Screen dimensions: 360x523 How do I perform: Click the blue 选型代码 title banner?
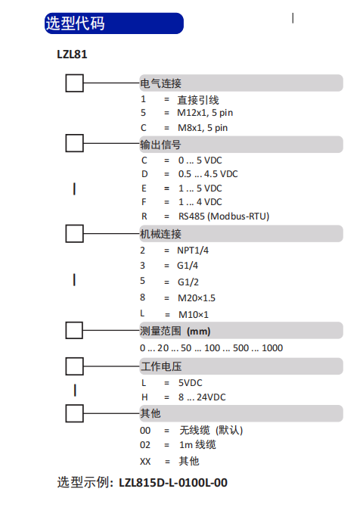(x=114, y=23)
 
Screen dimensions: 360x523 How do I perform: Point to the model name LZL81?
(x=72, y=54)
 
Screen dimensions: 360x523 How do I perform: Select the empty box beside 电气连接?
(x=74, y=83)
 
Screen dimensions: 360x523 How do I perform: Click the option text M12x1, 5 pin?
(x=205, y=113)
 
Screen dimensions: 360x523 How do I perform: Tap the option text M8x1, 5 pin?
(x=203, y=128)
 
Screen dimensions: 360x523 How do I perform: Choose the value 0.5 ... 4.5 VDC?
(x=208, y=174)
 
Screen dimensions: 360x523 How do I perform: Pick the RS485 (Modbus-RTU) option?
(x=224, y=216)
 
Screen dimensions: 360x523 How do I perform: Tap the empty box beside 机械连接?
(x=74, y=233)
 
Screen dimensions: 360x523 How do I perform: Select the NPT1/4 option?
(x=193, y=251)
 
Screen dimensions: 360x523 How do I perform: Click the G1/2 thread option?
(x=188, y=282)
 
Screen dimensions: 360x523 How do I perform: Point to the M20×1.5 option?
(x=197, y=298)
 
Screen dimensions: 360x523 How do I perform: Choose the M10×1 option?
(x=194, y=315)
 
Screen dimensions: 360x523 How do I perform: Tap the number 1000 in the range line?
(x=272, y=348)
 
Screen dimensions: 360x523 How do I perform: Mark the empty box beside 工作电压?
(x=74, y=366)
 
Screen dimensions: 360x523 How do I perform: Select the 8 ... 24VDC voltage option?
(x=202, y=397)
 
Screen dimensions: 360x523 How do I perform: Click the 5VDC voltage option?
(x=191, y=383)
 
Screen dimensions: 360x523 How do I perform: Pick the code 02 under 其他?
(x=145, y=445)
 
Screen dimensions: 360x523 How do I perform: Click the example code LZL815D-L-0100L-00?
(x=173, y=483)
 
